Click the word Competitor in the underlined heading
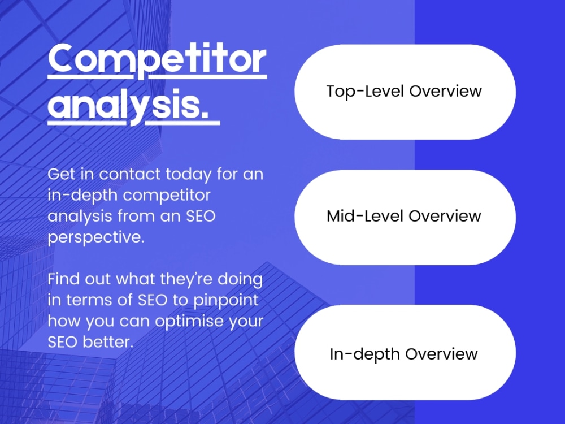(157, 60)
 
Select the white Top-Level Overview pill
(405, 92)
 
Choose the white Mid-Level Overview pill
(405, 217)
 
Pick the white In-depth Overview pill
(405, 354)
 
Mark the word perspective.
(95, 237)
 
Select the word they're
(179, 279)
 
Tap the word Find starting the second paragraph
(63, 279)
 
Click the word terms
(90, 300)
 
